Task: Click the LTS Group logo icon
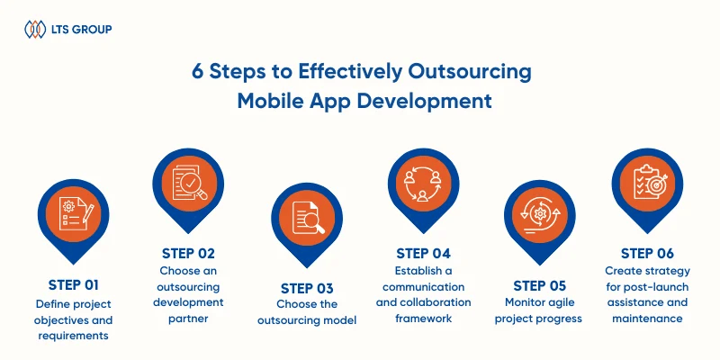point(35,30)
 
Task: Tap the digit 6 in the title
point(197,73)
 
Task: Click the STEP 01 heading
point(74,285)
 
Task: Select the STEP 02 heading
point(188,254)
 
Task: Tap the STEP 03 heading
point(307,289)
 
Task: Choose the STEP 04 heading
point(423,254)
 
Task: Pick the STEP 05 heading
point(539,286)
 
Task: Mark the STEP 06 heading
point(647,254)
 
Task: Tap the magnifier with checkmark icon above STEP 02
point(189,183)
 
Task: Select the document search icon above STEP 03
point(308,218)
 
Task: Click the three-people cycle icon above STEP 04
point(422,184)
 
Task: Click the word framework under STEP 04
point(424,319)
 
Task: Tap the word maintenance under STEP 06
point(647,319)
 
